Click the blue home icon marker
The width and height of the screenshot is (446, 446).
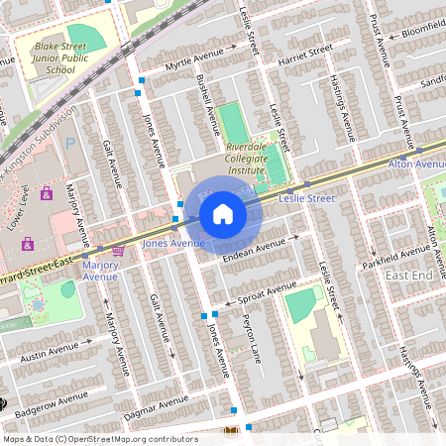(x=223, y=213)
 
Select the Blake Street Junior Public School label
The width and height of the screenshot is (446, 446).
(x=67, y=57)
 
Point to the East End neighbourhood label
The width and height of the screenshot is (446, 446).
(x=408, y=275)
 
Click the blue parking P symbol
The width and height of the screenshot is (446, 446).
(x=69, y=143)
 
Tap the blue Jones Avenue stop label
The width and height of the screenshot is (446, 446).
(x=172, y=243)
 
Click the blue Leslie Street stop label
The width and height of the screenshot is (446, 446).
(x=307, y=198)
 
